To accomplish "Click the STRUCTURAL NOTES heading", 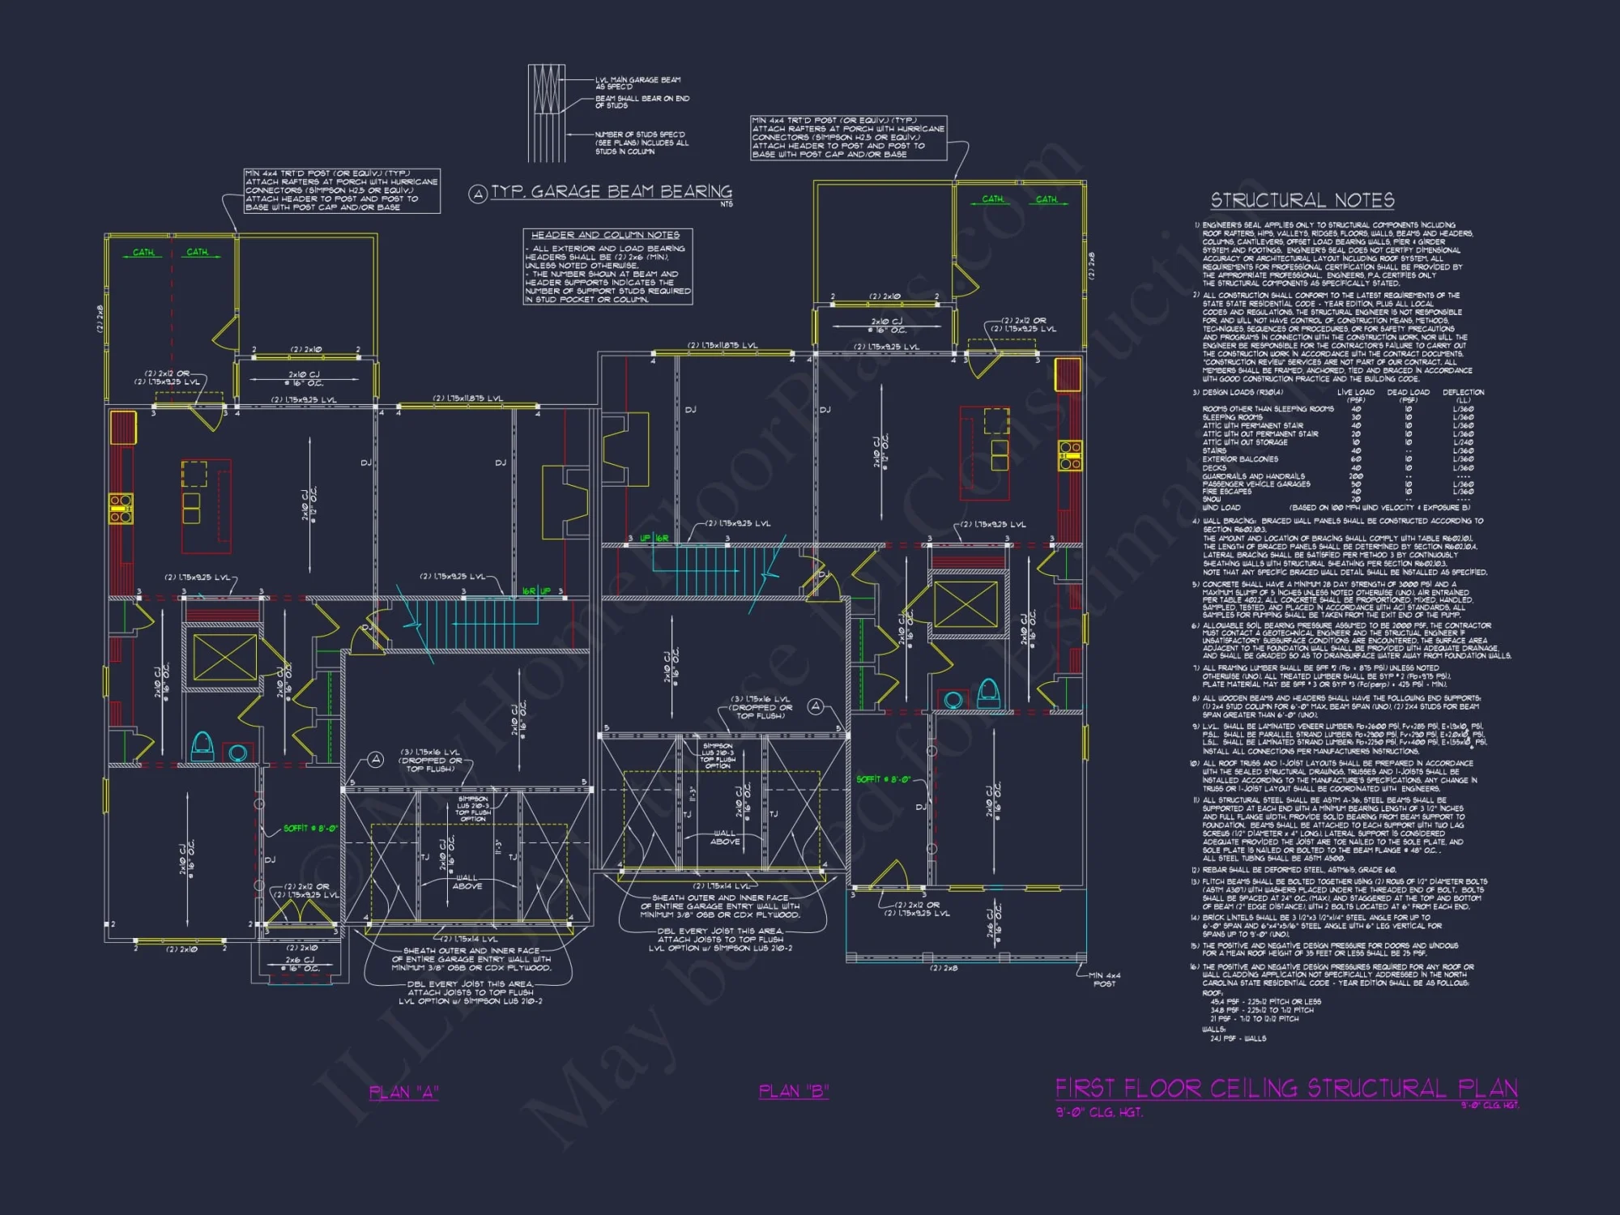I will pos(1302,200).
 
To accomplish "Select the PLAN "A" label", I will pos(403,1092).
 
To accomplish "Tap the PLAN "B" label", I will pos(794,1091).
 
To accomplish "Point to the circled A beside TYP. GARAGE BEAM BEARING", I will pos(478,194).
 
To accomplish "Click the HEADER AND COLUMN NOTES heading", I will pos(605,235).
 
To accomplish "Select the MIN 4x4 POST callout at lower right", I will pos(1104,979).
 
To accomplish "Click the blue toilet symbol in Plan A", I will pos(202,744).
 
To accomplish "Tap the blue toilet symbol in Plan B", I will pos(987,693).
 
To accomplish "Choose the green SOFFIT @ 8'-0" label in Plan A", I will pos(310,828).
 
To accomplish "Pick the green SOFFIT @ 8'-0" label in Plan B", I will pos(883,779).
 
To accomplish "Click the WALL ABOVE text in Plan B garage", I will pos(724,837).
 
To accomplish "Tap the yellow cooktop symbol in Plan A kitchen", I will pos(121,508).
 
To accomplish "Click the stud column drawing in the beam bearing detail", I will pos(547,113).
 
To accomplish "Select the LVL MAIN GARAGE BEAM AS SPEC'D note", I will pos(637,83).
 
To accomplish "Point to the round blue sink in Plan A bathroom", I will pos(237,752).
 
